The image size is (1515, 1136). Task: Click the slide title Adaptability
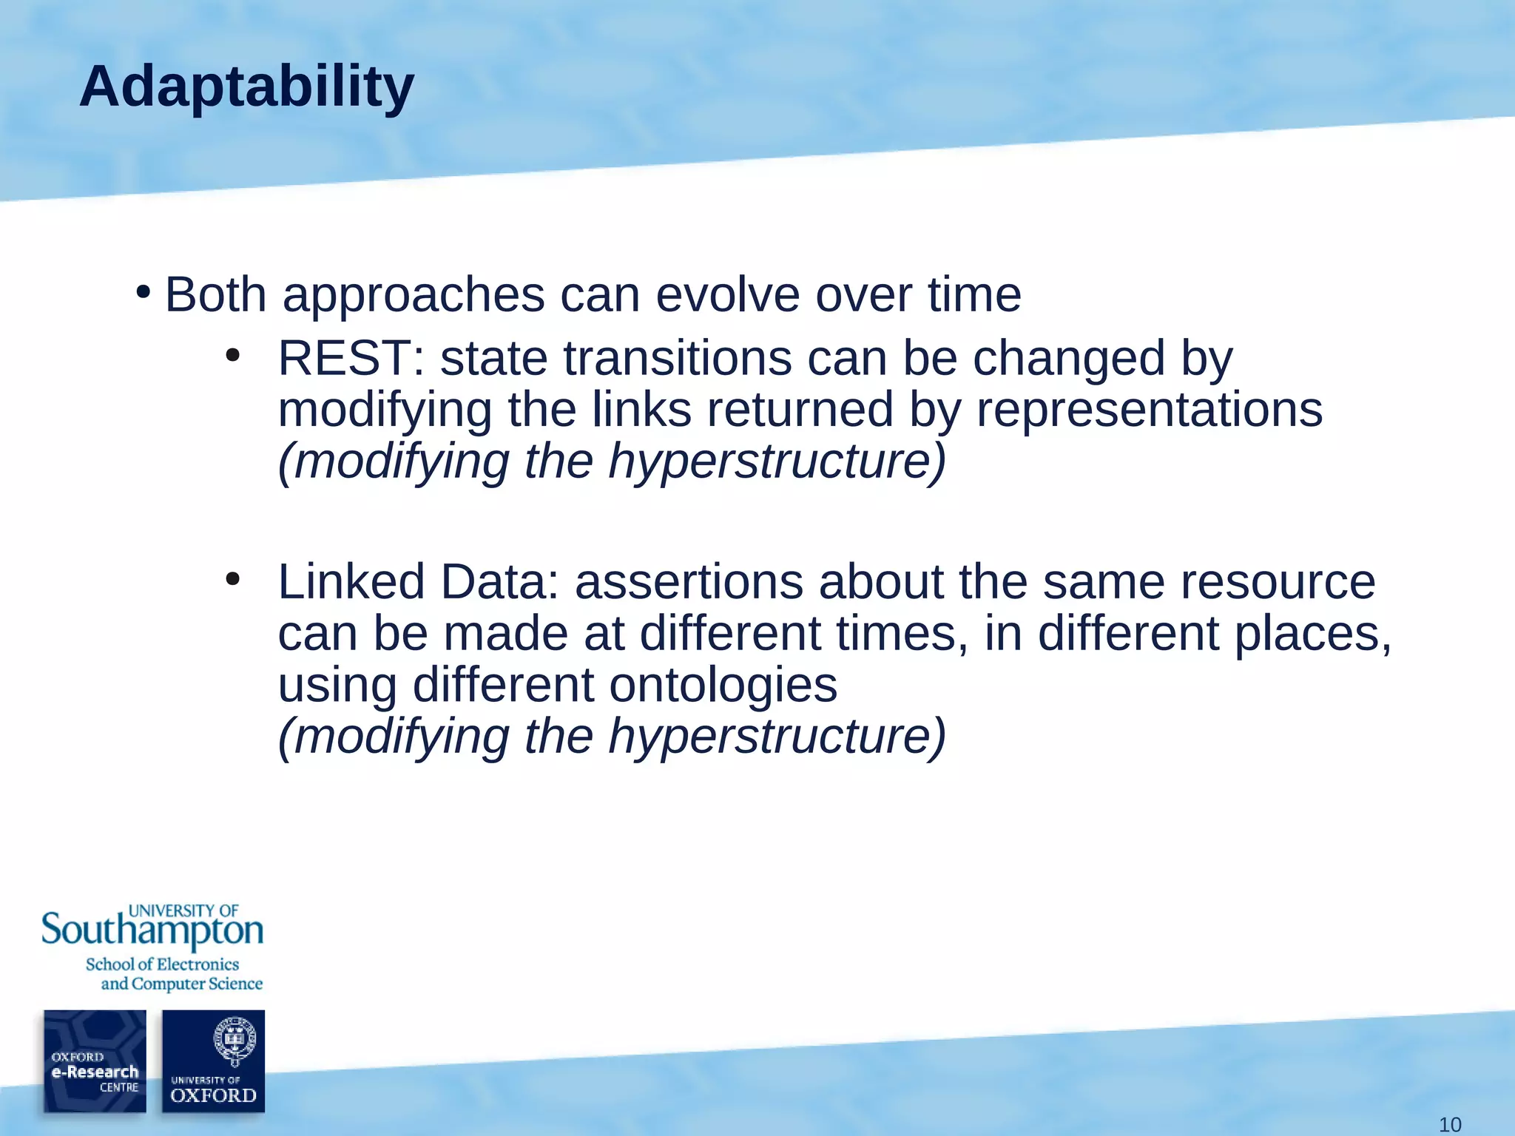[246, 88]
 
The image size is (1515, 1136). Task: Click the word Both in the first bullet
[215, 294]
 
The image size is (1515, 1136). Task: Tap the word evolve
[727, 294]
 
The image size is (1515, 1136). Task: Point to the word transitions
[677, 359]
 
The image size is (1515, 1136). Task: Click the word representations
[1149, 410]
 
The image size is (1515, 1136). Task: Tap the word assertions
[689, 581]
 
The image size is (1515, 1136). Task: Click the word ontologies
[723, 684]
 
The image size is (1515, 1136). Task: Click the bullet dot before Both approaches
[144, 292]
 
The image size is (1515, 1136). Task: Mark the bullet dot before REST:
[233, 356]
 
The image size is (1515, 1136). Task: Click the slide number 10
[1449, 1125]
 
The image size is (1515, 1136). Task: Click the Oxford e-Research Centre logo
[95, 1061]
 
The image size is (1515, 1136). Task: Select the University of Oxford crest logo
[214, 1061]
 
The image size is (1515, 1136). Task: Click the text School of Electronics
[162, 964]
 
